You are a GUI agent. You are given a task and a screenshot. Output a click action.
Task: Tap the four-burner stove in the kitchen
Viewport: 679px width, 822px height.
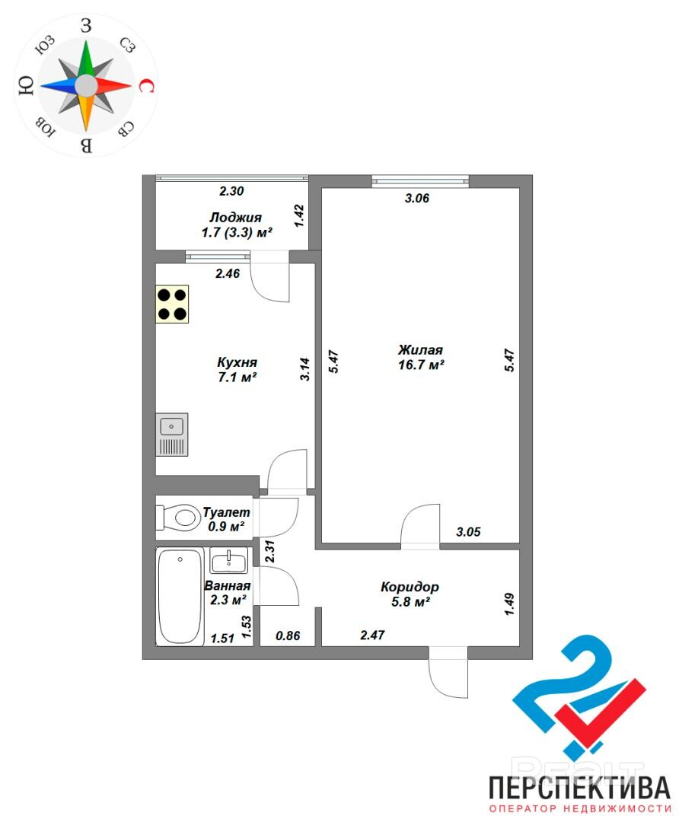coord(172,304)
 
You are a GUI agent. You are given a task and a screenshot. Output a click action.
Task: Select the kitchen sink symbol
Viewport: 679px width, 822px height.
coord(171,435)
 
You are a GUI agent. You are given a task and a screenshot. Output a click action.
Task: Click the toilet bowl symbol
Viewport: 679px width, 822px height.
coord(176,518)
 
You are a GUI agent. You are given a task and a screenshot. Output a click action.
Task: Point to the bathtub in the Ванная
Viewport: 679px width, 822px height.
coord(180,597)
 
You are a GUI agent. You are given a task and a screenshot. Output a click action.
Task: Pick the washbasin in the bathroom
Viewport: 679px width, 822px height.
coord(228,560)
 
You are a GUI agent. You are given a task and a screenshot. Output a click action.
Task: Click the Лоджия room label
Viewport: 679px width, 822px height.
coord(236,218)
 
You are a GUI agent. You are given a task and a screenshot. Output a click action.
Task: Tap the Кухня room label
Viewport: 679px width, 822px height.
coord(237,362)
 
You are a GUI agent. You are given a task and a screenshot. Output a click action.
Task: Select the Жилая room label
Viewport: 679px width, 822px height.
coord(420,349)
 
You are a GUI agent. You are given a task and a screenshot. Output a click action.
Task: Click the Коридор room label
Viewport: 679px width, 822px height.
coord(410,587)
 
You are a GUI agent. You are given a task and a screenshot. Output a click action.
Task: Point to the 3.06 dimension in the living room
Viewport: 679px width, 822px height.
coord(417,198)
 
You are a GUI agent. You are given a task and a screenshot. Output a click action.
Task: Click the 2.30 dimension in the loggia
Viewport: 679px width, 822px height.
coord(231,191)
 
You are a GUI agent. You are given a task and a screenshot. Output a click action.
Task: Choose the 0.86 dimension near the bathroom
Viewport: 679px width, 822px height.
coord(288,636)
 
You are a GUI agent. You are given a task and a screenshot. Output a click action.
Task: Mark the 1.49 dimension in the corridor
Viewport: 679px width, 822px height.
coord(508,604)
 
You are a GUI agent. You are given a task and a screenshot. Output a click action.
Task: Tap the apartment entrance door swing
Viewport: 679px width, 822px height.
coord(448,673)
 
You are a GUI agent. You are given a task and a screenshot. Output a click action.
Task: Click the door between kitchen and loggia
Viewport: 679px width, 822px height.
coord(270,276)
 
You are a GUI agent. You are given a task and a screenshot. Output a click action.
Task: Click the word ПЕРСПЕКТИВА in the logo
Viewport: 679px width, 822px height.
coord(579,788)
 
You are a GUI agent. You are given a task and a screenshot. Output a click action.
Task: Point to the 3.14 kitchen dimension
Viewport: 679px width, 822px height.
coord(305,369)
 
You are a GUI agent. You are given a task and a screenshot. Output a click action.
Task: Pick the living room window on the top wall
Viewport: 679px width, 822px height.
coord(420,181)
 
